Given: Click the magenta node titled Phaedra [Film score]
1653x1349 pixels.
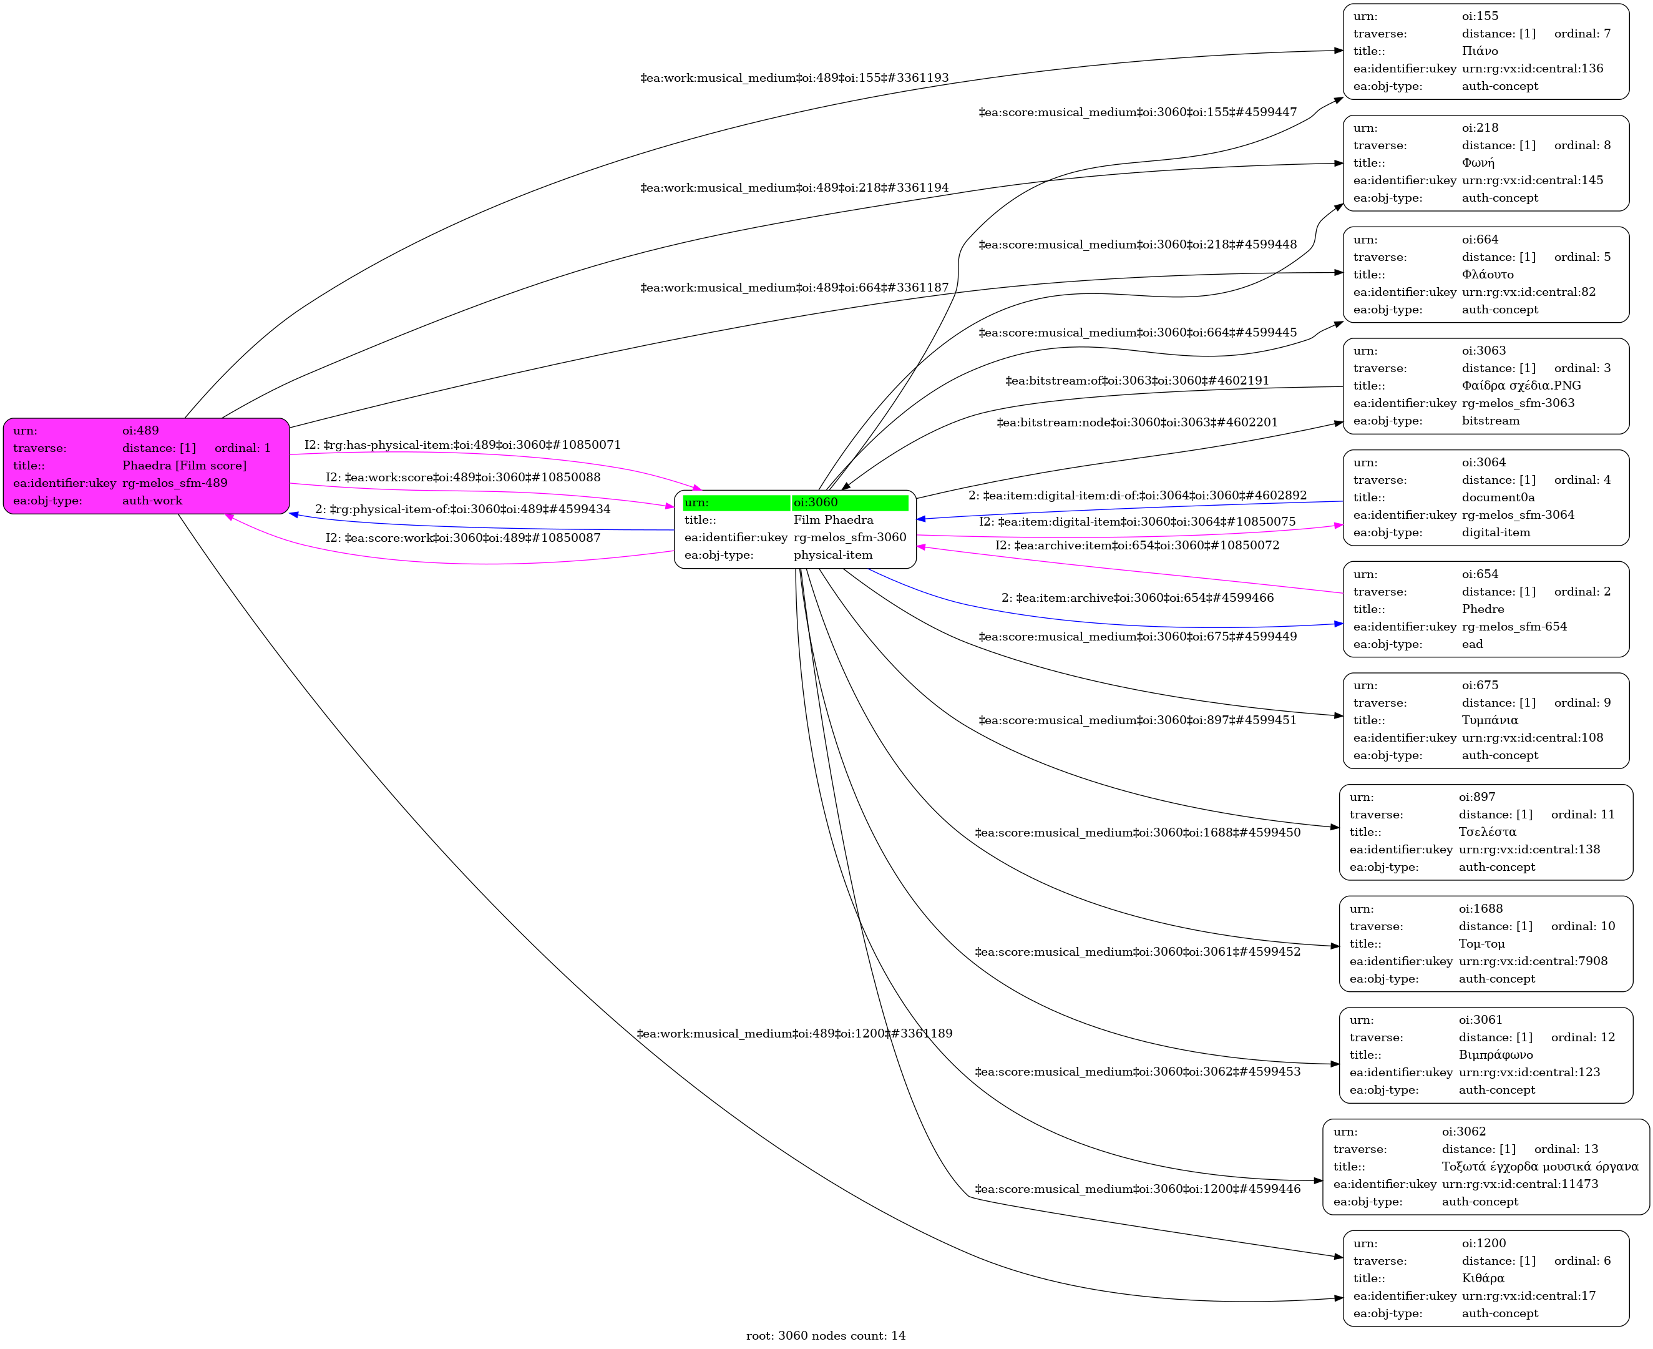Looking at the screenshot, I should click(146, 466).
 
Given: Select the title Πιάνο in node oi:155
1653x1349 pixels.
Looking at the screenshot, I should click(1480, 51).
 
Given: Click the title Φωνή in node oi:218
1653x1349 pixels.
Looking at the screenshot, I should click(1478, 163).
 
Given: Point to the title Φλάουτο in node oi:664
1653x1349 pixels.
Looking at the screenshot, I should click(1487, 274).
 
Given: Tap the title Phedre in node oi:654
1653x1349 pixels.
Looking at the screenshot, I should click(1482, 609).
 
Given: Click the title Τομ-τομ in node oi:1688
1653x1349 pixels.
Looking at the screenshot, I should click(1481, 944).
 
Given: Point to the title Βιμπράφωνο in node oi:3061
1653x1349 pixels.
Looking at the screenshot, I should click(1495, 1055).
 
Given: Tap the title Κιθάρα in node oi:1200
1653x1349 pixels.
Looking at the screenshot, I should click(1482, 1278).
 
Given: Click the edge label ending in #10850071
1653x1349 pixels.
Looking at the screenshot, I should click(462, 445).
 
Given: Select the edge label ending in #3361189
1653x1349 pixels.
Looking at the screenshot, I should click(794, 1034).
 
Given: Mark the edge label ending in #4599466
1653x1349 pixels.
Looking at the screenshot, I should click(1137, 597).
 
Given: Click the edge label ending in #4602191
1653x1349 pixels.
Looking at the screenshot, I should click(1137, 381).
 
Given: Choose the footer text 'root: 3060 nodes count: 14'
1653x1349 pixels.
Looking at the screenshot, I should click(826, 1336).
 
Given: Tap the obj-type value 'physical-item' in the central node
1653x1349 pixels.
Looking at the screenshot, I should click(832, 555).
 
